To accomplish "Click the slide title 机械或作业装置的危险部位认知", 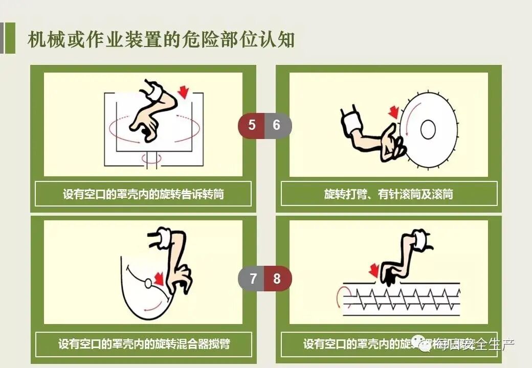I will tap(161, 39).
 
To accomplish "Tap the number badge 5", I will tap(251, 125).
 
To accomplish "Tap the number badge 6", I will tap(277, 125).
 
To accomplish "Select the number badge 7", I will tap(253, 279).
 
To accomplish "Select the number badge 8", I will tap(277, 279).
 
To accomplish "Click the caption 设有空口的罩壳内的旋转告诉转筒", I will tap(143, 194).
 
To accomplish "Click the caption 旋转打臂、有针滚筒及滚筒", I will tap(389, 194).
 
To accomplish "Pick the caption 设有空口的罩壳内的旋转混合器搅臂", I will tap(143, 343).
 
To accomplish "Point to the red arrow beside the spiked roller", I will tap(393, 112).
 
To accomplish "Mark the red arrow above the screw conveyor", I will tap(374, 269).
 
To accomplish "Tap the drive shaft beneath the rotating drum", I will tap(151, 159).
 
